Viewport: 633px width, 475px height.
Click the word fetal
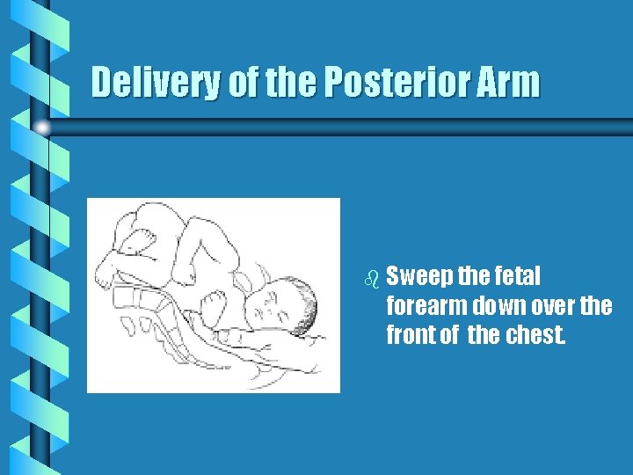click(515, 277)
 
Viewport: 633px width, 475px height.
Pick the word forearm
click(426, 306)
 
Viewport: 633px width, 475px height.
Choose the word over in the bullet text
click(557, 306)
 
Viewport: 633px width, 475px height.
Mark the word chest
click(534, 335)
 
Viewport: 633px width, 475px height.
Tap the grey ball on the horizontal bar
click(41, 128)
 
